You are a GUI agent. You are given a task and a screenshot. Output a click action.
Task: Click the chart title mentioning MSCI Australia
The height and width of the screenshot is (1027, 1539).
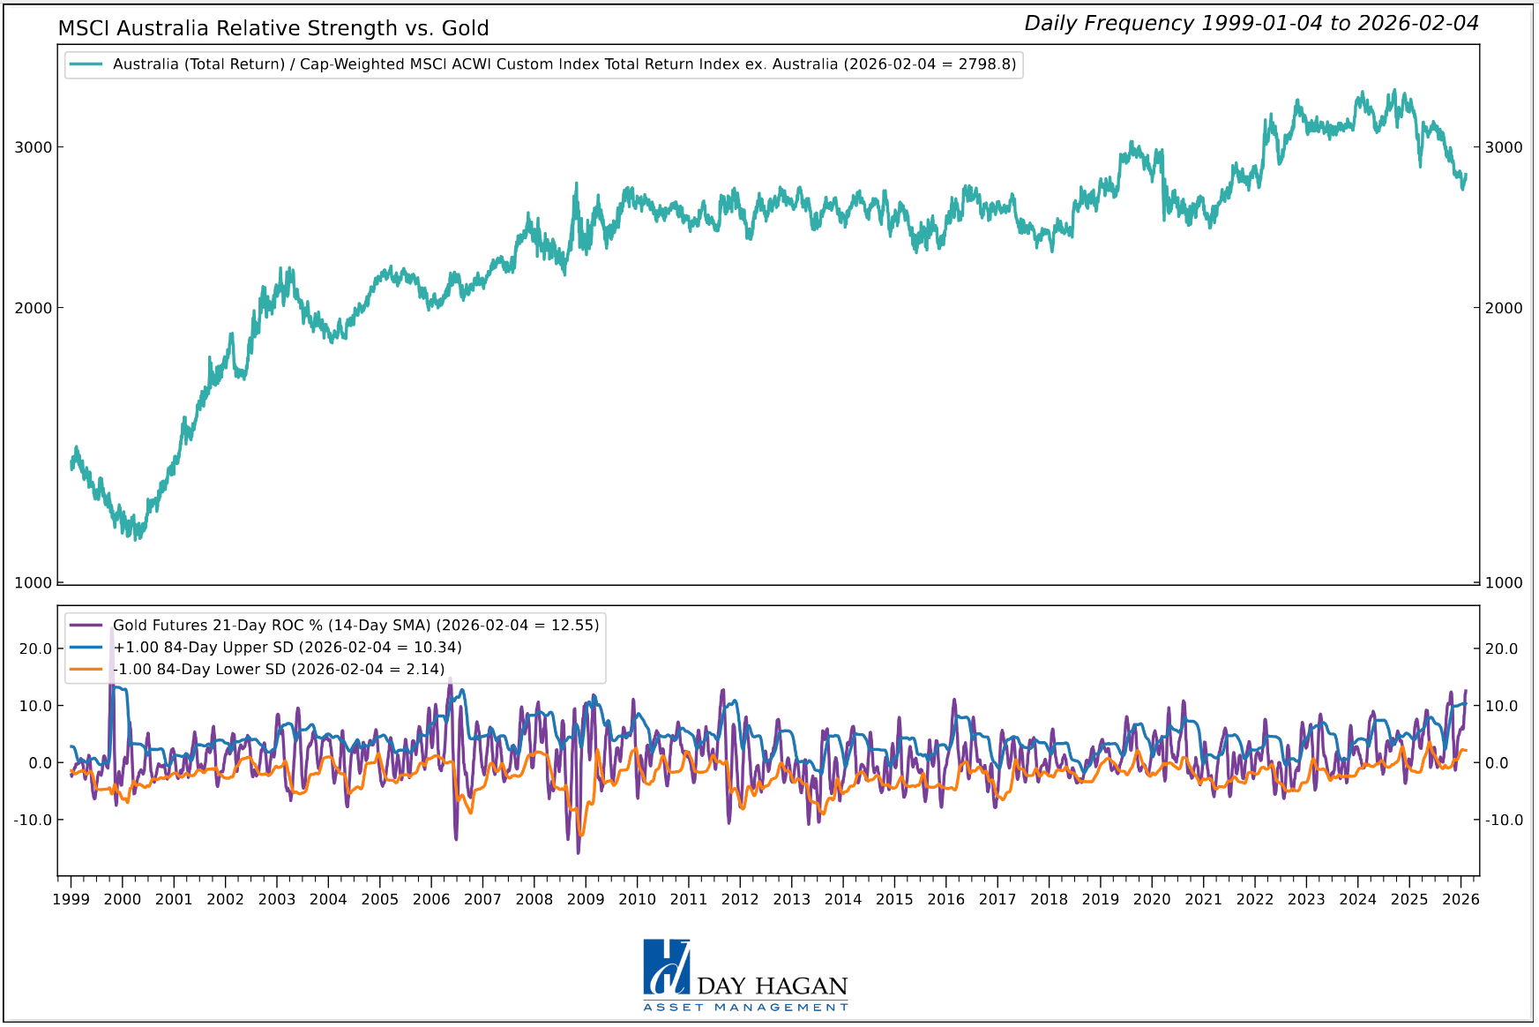[x=273, y=28]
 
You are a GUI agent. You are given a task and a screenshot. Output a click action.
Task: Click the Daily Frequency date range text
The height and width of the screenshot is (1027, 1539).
[x=1251, y=24]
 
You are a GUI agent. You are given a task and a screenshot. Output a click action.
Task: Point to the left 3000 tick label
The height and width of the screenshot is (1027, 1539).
[x=34, y=147]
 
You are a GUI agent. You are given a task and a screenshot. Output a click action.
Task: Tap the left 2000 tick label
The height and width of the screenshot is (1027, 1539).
[x=34, y=308]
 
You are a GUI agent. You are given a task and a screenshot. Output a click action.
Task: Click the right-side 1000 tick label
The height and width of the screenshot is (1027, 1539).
[x=1504, y=582]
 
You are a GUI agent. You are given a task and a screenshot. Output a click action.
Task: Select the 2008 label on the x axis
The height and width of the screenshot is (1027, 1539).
[x=534, y=899]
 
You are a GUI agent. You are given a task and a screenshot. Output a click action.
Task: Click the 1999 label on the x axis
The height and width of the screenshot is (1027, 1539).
[x=71, y=899]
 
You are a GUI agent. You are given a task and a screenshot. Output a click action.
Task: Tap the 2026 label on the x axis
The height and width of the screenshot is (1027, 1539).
[x=1461, y=899]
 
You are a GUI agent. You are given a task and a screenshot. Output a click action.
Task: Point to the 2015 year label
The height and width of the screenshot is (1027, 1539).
[x=894, y=899]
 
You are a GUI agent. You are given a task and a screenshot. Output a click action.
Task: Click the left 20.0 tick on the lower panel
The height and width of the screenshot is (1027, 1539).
[x=35, y=649]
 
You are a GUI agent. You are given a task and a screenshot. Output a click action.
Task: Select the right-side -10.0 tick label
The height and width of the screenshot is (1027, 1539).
[x=1504, y=820]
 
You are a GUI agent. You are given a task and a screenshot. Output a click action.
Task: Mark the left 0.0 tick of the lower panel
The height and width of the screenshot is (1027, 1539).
[x=41, y=763]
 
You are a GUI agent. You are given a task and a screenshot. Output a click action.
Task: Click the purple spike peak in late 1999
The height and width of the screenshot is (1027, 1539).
[x=111, y=628]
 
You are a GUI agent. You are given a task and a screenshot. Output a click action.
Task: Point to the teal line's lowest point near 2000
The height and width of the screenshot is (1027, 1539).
[x=135, y=537]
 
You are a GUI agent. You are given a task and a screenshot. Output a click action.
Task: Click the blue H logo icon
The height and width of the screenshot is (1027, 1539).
[x=666, y=968]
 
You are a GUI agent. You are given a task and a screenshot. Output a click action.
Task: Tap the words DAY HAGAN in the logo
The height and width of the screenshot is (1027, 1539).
[x=772, y=986]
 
